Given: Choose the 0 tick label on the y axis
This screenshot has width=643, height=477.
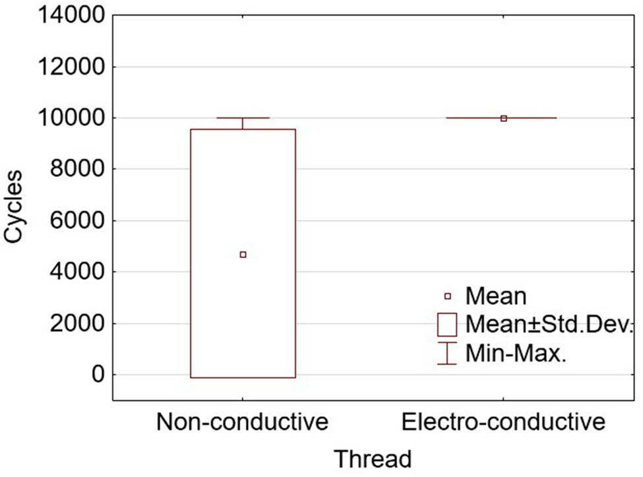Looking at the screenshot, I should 98,375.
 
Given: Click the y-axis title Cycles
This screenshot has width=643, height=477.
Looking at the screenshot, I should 15,207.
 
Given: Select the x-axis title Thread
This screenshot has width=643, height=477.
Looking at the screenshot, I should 373,458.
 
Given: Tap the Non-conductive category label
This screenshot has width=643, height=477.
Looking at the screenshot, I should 242,422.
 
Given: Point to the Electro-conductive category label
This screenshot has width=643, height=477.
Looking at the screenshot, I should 503,422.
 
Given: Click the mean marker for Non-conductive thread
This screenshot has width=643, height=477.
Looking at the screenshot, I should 243,255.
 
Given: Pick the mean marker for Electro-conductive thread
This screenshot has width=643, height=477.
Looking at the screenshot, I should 504,119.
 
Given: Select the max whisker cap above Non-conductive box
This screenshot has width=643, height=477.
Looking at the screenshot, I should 243,118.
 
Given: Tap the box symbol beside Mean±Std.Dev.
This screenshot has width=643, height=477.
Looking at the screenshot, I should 447,325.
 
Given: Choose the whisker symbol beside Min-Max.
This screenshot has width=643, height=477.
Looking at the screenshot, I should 447,354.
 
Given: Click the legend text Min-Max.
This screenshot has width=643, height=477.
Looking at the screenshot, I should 516,354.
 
